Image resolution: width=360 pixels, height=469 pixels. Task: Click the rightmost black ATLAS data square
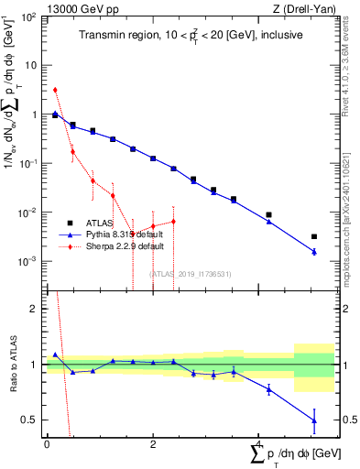(314, 236)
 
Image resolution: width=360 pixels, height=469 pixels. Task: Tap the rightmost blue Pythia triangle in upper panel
(314, 251)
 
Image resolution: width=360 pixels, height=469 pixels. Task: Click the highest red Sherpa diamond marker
(55, 90)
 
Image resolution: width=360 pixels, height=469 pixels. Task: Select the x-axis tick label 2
(153, 442)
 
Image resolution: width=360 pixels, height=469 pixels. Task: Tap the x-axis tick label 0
(47, 442)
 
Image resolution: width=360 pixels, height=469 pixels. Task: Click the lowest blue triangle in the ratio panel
(314, 420)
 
